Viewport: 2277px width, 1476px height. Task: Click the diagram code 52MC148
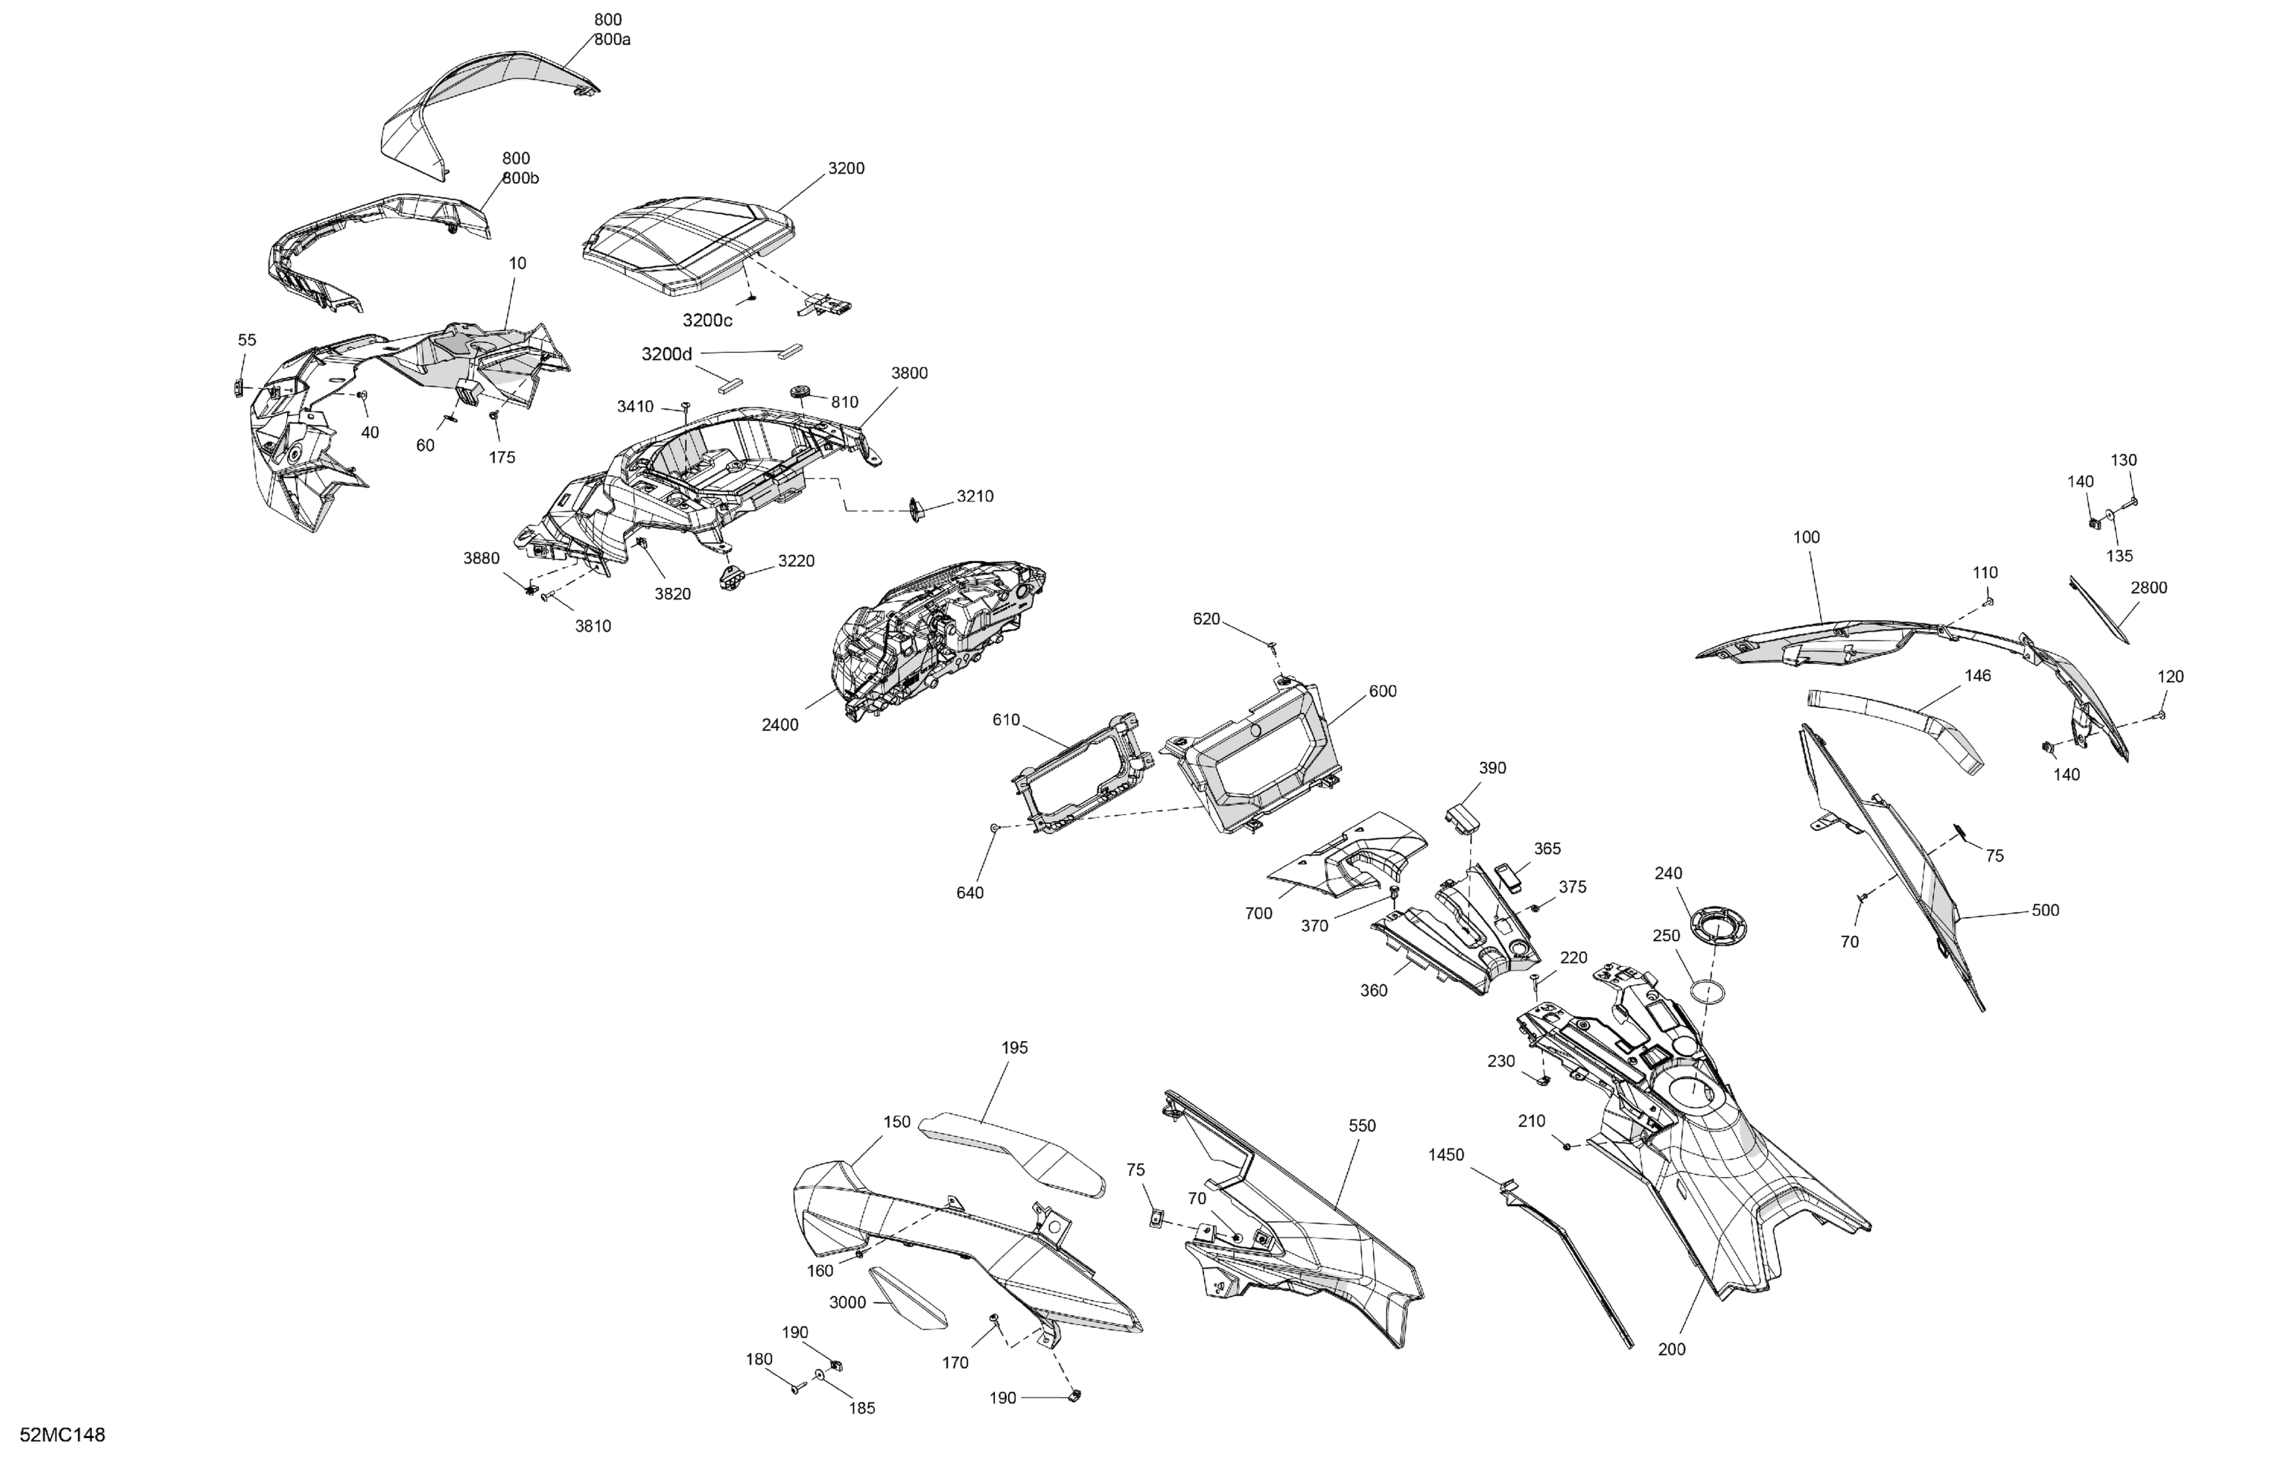[62, 1435]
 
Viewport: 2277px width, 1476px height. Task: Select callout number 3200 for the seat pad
[846, 168]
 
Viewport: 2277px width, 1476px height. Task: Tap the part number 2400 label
[779, 725]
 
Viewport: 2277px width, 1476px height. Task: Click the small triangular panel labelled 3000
[907, 1299]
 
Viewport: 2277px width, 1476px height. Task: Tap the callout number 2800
[2149, 587]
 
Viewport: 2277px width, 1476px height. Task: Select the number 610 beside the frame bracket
[1006, 719]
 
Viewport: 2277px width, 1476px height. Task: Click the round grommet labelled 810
[802, 392]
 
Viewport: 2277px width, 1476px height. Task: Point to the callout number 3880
[481, 558]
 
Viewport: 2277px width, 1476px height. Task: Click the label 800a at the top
[613, 39]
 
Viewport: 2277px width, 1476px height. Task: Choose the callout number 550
[1362, 1126]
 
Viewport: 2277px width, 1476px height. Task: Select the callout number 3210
[975, 496]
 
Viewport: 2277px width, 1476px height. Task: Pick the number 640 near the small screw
[969, 892]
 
